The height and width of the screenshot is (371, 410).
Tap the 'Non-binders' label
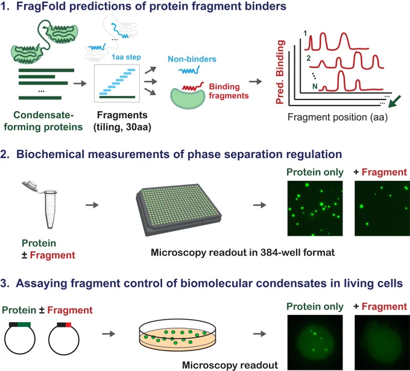click(x=192, y=59)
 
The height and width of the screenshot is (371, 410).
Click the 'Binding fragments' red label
click(x=229, y=91)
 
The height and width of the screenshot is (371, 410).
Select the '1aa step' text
click(x=126, y=57)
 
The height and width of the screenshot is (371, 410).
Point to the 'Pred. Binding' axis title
click(x=280, y=72)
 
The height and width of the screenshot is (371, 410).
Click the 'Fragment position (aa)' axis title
click(x=338, y=117)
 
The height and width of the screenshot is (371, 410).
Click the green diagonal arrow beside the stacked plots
click(x=394, y=101)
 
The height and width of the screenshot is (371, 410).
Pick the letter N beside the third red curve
click(x=315, y=86)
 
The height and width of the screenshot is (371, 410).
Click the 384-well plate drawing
click(x=179, y=209)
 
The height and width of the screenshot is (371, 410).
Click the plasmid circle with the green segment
click(x=20, y=338)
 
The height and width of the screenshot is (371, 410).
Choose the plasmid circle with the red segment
click(x=64, y=338)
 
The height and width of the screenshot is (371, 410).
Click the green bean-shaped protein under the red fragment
click(x=188, y=98)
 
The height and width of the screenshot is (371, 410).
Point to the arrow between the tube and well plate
click(x=92, y=205)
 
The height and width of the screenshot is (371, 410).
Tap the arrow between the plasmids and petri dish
click(x=109, y=334)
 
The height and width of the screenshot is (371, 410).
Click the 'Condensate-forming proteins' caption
click(x=43, y=121)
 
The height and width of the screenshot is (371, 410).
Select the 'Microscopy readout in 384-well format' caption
click(x=242, y=253)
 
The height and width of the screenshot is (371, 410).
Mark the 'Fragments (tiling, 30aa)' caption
click(x=122, y=121)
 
